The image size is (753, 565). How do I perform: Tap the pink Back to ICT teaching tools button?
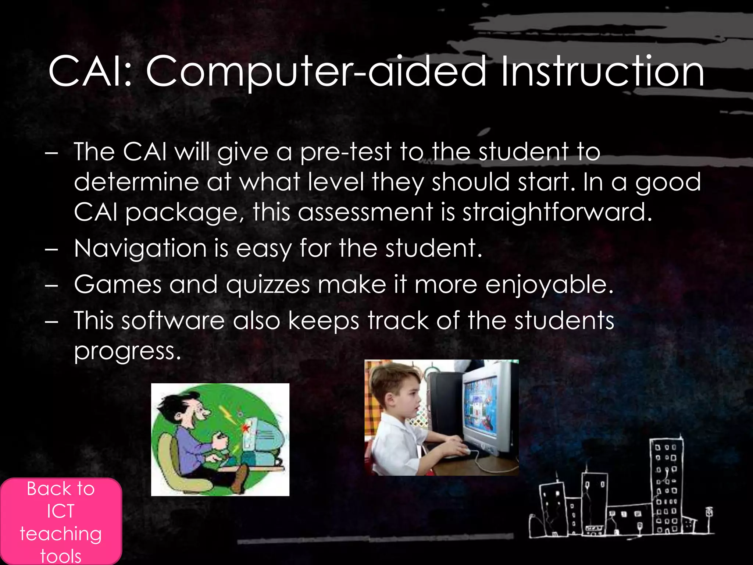coord(61,522)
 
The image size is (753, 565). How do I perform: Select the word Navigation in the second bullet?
coord(140,248)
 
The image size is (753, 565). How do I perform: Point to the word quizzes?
coord(268,285)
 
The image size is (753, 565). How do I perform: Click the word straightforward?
coord(557,212)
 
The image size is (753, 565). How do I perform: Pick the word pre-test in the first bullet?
coord(346,152)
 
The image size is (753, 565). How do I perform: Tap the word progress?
coord(127,351)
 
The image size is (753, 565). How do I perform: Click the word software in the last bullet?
coord(173,320)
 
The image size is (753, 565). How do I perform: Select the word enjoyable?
coord(549,285)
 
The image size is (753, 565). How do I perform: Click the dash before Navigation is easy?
coord(51,250)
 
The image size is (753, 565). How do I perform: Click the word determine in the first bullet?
coord(136,182)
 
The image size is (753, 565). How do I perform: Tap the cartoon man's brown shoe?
coord(240,478)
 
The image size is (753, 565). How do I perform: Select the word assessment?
coord(365,212)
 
